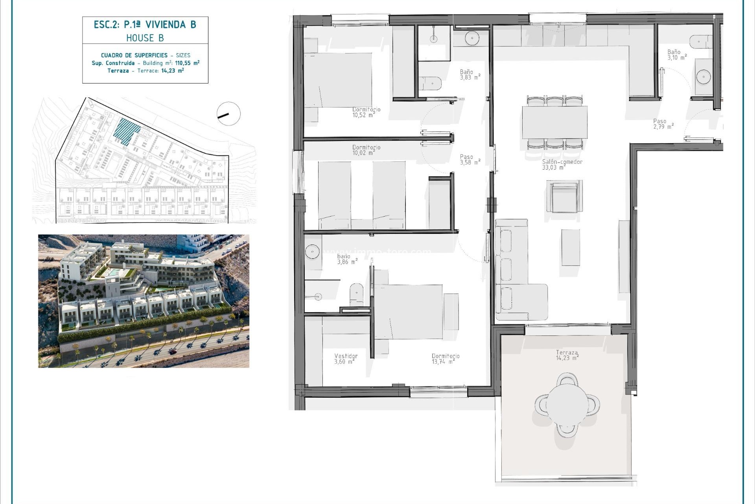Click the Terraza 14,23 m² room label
click(x=567, y=355)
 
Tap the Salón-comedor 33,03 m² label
click(x=562, y=165)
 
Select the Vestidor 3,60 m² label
click(x=346, y=359)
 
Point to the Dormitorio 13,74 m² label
click(x=445, y=359)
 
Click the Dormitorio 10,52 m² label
click(x=366, y=112)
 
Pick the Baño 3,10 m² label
click(x=676, y=55)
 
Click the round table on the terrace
click(x=567, y=405)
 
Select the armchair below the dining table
click(x=564, y=196)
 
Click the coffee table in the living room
click(x=570, y=248)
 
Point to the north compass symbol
click(x=228, y=114)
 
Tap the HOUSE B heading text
click(x=145, y=38)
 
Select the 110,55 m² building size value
click(x=187, y=63)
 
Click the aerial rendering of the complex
click(x=144, y=301)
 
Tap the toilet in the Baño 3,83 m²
click(x=430, y=83)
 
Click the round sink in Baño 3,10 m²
click(x=703, y=77)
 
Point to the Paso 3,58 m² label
click(x=470, y=159)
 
